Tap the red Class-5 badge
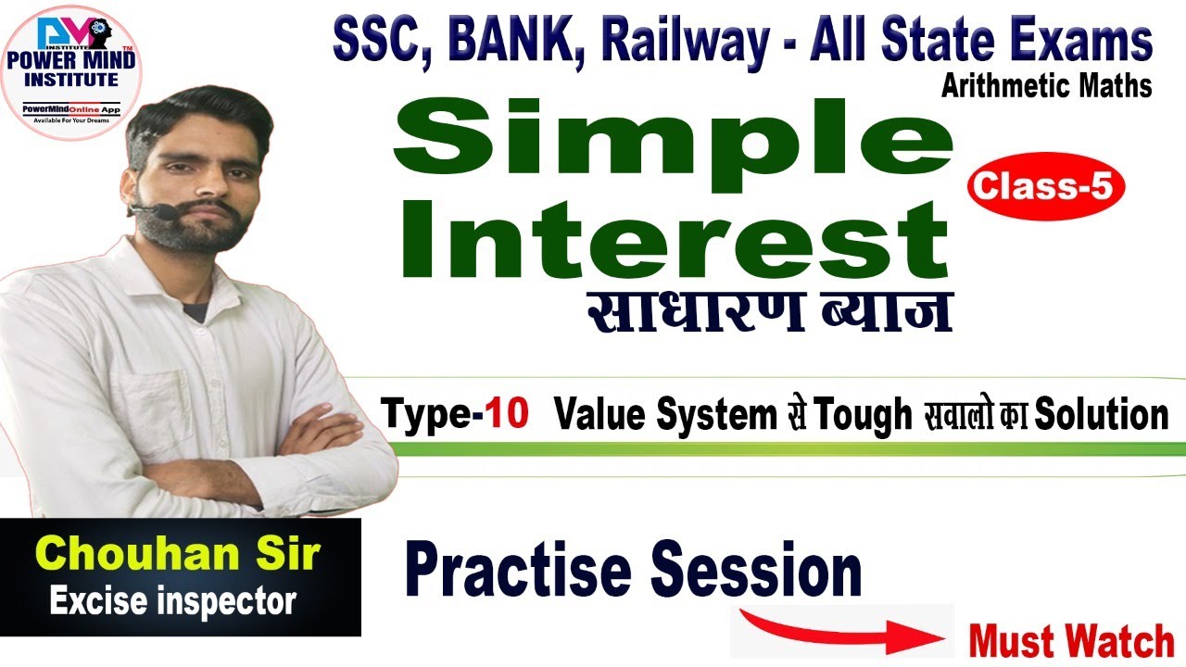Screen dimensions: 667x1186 click(1045, 189)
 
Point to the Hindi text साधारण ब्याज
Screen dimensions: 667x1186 click(769, 313)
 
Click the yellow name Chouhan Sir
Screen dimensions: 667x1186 click(182, 555)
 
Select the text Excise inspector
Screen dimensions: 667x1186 click(172, 603)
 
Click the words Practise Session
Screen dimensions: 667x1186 click(633, 573)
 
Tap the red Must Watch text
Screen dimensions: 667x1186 click(1071, 641)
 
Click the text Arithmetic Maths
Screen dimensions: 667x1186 click(1046, 86)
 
